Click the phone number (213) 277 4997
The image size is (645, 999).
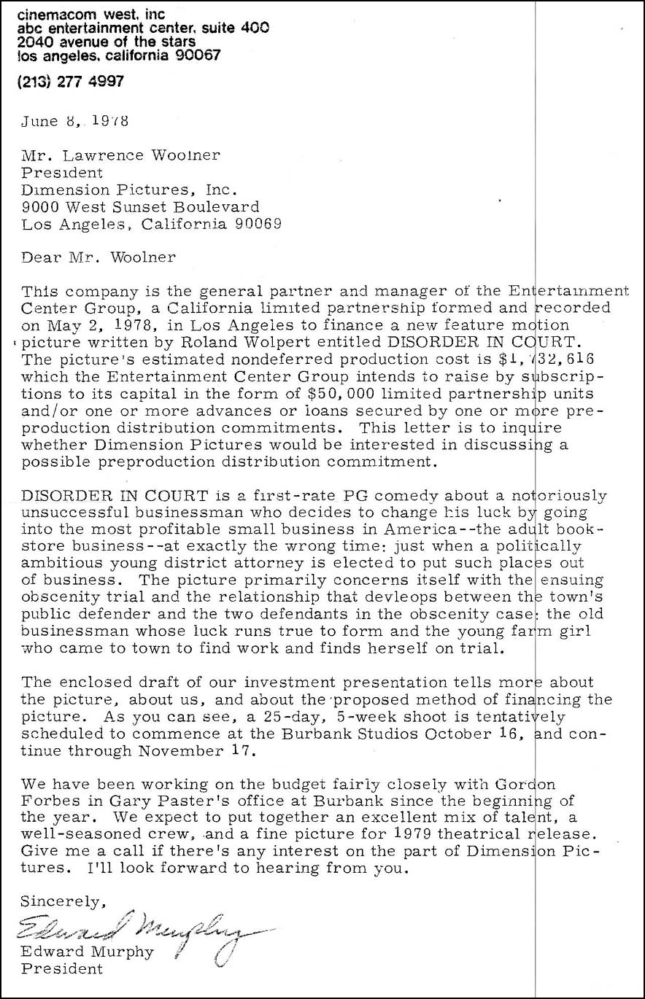(70, 82)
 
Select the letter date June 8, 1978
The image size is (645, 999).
(75, 122)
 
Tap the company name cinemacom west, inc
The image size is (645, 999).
(90, 15)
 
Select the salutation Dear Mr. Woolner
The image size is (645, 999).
(99, 257)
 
